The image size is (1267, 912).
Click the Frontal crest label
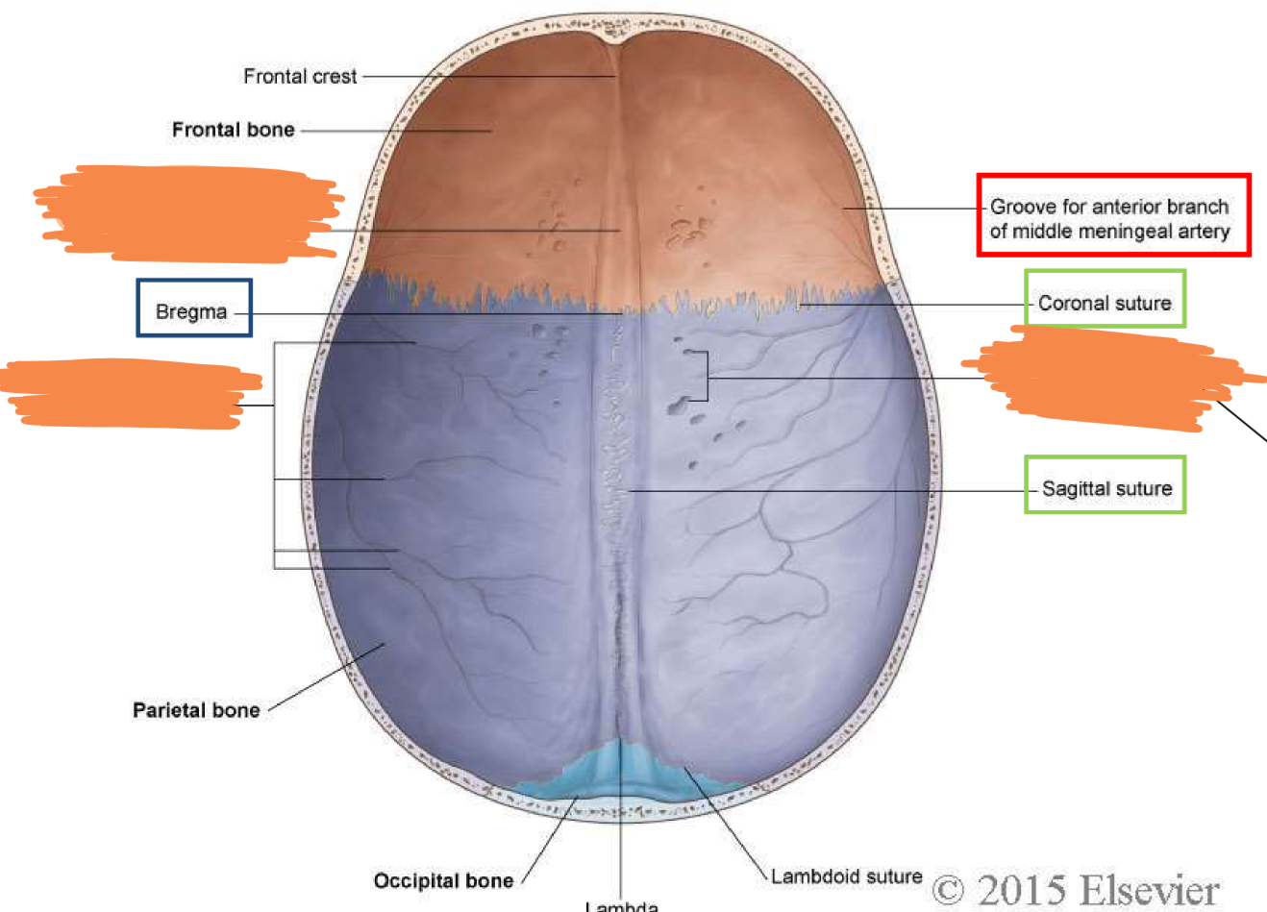pyautogui.click(x=300, y=76)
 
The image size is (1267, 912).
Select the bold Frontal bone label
pyautogui.click(x=233, y=130)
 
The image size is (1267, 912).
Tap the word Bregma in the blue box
pyautogui.click(x=191, y=311)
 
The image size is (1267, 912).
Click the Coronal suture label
pyautogui.click(x=1105, y=303)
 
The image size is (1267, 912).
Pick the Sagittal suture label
pyautogui.click(x=1106, y=488)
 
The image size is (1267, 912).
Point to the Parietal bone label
pyautogui.click(x=196, y=710)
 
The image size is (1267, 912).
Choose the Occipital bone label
pyautogui.click(x=443, y=880)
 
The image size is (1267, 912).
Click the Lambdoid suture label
pyautogui.click(x=846, y=875)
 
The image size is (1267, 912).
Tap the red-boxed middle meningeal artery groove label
pyautogui.click(x=1109, y=218)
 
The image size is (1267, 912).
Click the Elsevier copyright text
pyautogui.click(x=1076, y=890)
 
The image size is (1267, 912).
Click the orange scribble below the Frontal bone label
pyautogui.click(x=187, y=212)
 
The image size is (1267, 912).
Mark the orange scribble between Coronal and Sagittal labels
pyautogui.click(x=1106, y=378)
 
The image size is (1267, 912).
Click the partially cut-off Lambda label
pyautogui.click(x=622, y=905)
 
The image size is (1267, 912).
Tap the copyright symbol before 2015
pyautogui.click(x=949, y=890)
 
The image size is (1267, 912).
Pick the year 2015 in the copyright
pyautogui.click(x=1018, y=890)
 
